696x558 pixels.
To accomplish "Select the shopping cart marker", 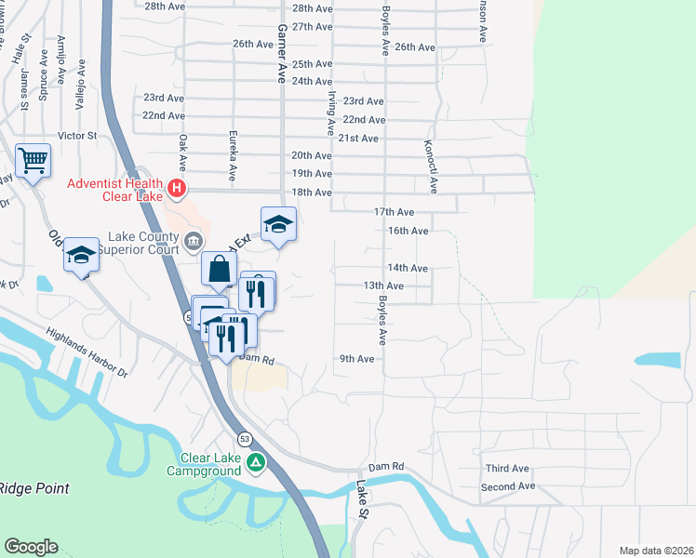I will pos(33,161).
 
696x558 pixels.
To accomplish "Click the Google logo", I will pos(32,546).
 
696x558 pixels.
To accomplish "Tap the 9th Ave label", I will pos(356,359).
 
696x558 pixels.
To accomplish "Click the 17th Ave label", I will pos(394,213).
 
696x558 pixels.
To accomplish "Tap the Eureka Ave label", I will pos(233,154).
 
